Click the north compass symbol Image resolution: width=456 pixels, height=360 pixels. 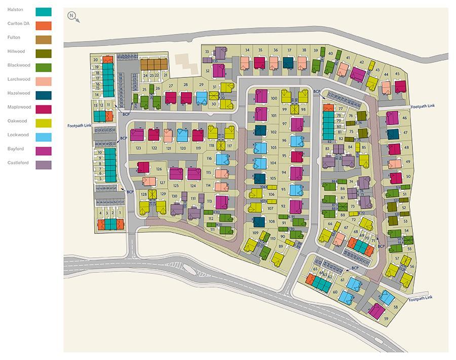[x=72, y=16]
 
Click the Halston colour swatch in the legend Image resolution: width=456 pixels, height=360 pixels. [x=44, y=12]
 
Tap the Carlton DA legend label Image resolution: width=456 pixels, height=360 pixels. [x=19, y=24]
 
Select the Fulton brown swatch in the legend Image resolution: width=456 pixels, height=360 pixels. [x=44, y=40]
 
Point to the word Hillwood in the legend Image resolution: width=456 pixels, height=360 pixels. [x=16, y=52]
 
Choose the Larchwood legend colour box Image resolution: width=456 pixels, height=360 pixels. [x=44, y=82]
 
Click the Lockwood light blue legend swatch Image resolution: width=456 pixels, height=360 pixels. [x=44, y=137]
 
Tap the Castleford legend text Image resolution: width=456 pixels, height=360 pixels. [x=18, y=163]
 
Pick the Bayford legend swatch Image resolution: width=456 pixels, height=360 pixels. [x=44, y=151]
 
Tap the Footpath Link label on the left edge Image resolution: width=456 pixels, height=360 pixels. [x=79, y=126]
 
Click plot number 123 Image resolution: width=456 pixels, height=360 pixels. [x=138, y=148]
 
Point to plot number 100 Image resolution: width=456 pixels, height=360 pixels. [x=274, y=98]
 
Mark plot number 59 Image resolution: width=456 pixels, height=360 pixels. [x=386, y=318]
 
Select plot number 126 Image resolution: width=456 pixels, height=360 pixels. [x=159, y=169]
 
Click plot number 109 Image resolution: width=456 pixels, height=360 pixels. [x=255, y=232]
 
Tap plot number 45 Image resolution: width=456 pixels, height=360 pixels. [x=397, y=74]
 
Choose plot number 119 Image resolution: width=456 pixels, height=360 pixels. [x=198, y=148]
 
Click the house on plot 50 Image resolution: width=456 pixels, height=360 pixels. [x=396, y=178]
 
